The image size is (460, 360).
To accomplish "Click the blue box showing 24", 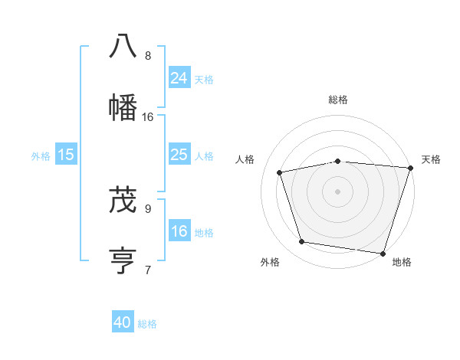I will tap(179, 77).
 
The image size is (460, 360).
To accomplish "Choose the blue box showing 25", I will tap(179, 154).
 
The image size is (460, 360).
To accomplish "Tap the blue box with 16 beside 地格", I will tap(179, 231).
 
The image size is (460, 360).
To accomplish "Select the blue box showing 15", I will tap(66, 155).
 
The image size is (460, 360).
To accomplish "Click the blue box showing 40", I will tap(123, 322).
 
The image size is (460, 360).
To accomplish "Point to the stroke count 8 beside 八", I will tap(148, 56).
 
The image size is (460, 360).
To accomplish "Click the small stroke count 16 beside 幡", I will tap(148, 117).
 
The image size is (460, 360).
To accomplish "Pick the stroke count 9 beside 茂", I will tap(148, 208).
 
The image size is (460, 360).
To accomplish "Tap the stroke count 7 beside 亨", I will tap(148, 270).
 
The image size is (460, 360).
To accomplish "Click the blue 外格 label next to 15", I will tap(41, 156).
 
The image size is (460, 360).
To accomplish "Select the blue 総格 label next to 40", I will tap(147, 324).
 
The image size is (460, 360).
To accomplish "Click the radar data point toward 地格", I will tap(383, 253).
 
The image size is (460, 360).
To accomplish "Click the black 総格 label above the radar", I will tap(338, 100).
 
